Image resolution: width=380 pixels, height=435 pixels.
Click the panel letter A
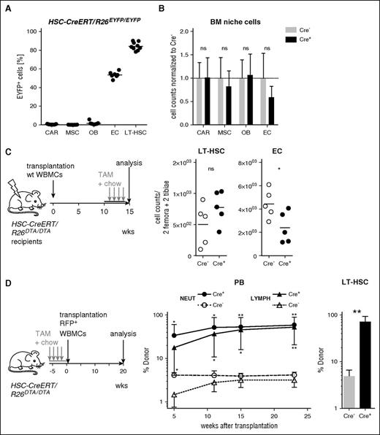click(7, 8)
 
